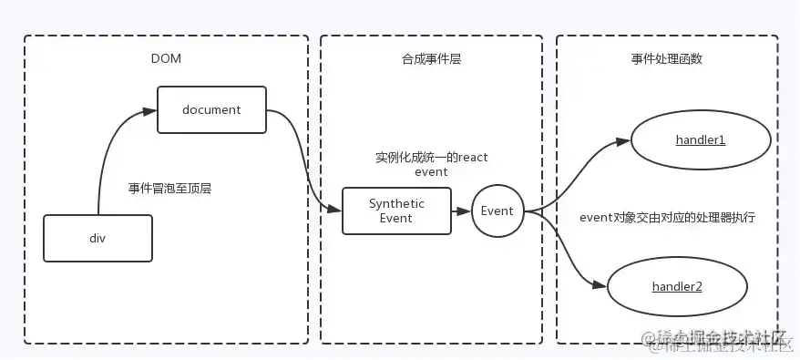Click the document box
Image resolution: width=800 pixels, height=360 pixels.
pyautogui.click(x=211, y=109)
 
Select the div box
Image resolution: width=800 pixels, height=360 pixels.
pyautogui.click(x=97, y=237)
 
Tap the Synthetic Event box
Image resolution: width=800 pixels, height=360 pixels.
pyautogui.click(x=396, y=211)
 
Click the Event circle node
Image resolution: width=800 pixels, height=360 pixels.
pyautogui.click(x=497, y=211)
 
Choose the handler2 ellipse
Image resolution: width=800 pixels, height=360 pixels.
pyautogui.click(x=676, y=286)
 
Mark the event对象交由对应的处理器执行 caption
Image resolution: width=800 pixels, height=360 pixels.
pyautogui.click(x=667, y=218)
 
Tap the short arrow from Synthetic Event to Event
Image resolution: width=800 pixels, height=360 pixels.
pyautogui.click(x=461, y=211)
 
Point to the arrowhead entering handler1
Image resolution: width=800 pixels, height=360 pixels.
pyautogui.click(x=623, y=141)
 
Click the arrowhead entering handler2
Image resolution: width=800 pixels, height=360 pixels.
pyautogui.click(x=600, y=285)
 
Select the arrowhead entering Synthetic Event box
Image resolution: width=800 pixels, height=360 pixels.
pyautogui.click(x=335, y=211)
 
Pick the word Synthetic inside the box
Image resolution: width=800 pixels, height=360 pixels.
pyautogui.click(x=396, y=203)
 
